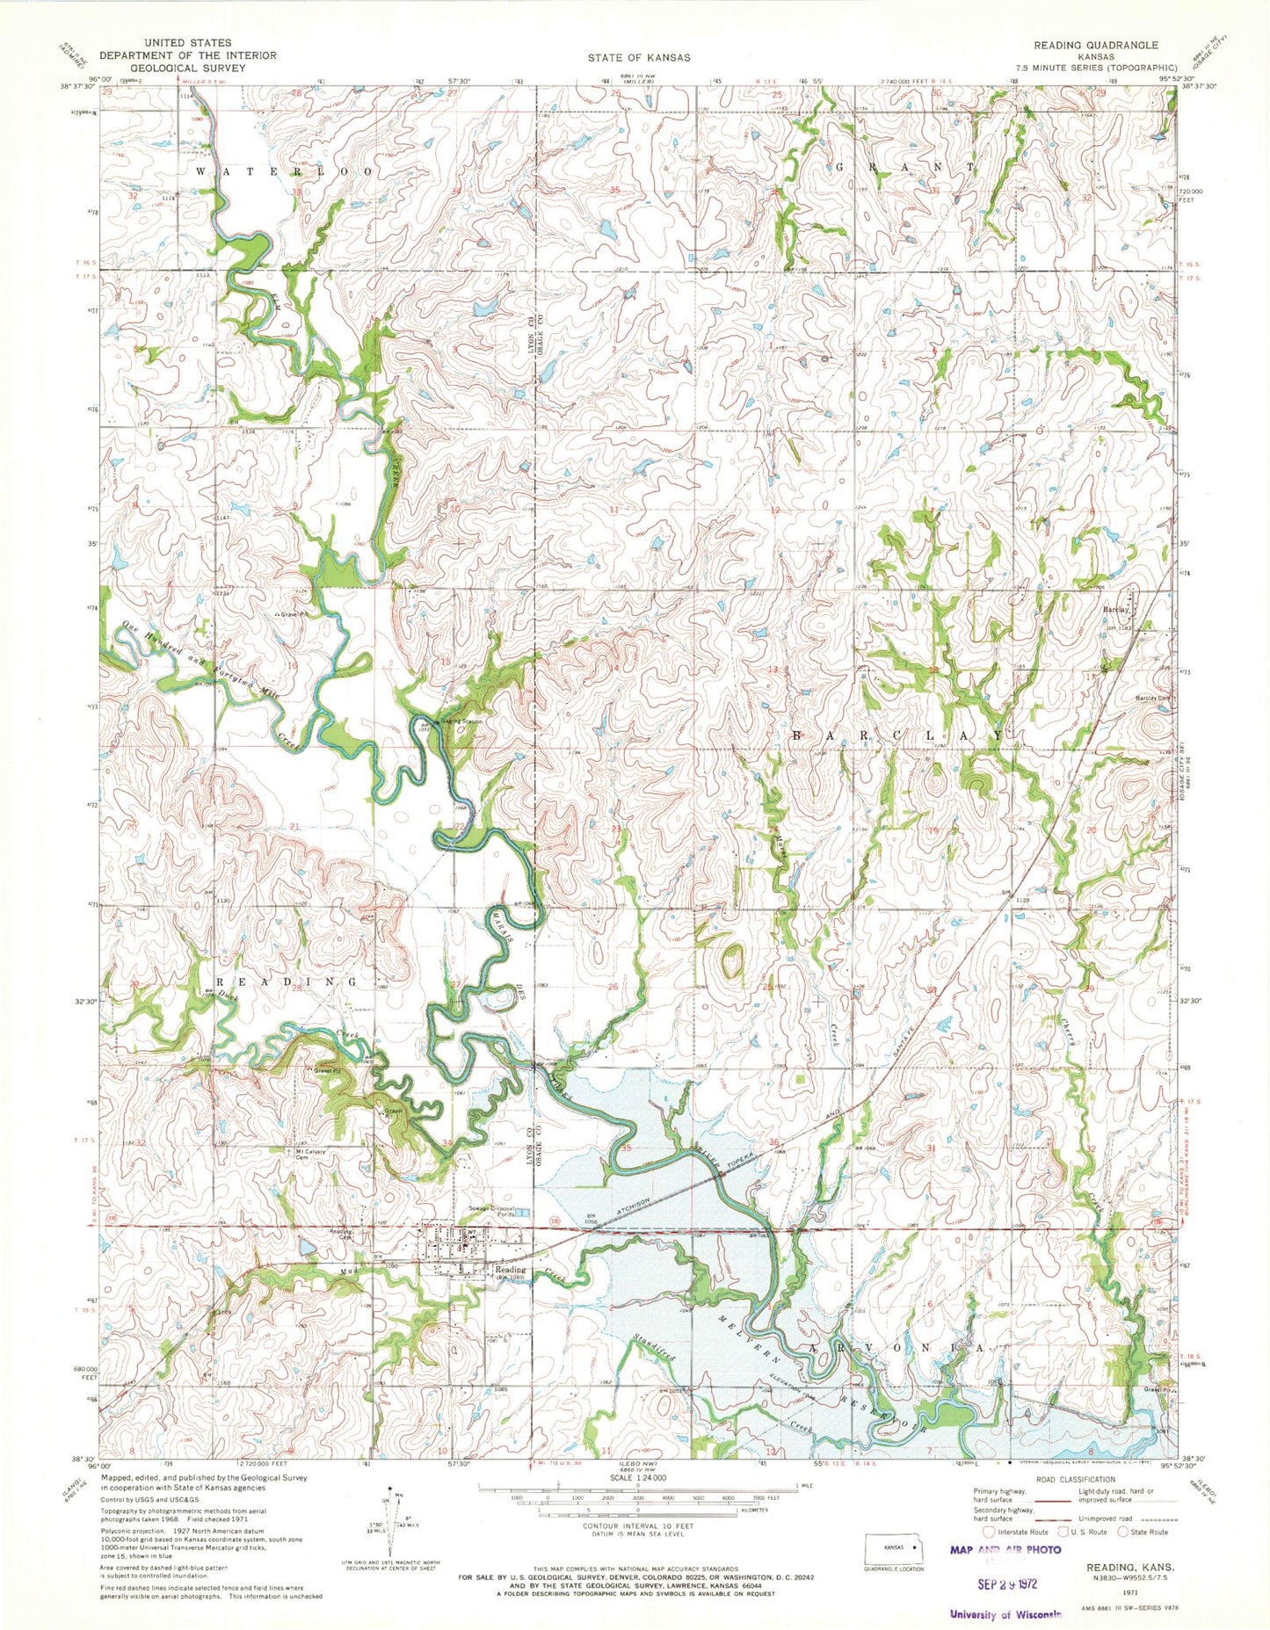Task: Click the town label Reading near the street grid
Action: tap(510, 1269)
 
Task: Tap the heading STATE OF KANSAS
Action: tap(639, 57)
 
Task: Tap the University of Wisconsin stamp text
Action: tap(1005, 1613)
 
